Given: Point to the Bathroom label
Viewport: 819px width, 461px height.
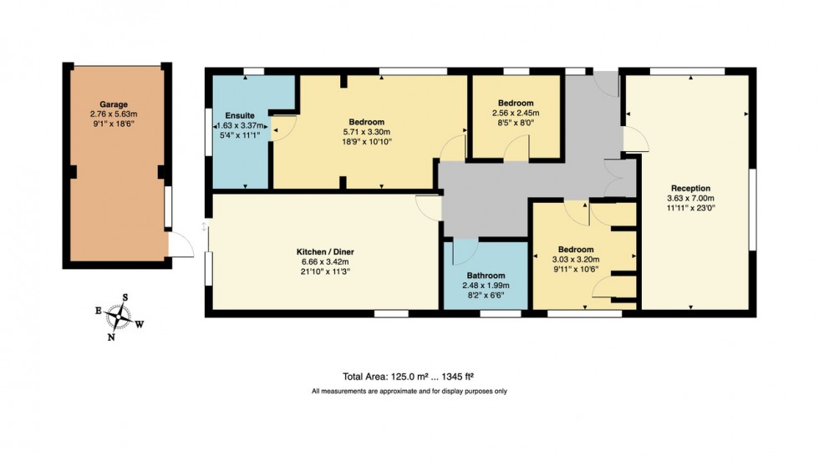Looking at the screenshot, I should tap(486, 276).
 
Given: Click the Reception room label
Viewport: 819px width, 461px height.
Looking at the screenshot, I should tap(689, 188).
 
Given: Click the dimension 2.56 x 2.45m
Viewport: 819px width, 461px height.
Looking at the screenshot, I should tap(515, 114).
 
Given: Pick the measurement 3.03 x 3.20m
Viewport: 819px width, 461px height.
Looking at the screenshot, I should tap(576, 260).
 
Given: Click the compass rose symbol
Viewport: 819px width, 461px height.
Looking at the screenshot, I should tap(123, 317).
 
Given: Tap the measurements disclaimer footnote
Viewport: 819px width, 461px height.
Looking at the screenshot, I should tap(409, 391).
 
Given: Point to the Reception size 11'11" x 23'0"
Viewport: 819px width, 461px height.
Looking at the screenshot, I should tap(689, 208).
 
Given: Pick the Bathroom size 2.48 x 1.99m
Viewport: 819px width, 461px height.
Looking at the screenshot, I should tap(486, 286).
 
